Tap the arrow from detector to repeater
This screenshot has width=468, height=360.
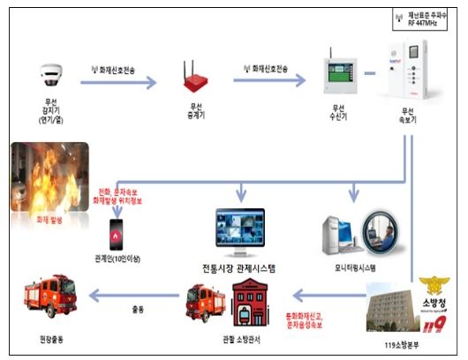click(119, 84)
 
